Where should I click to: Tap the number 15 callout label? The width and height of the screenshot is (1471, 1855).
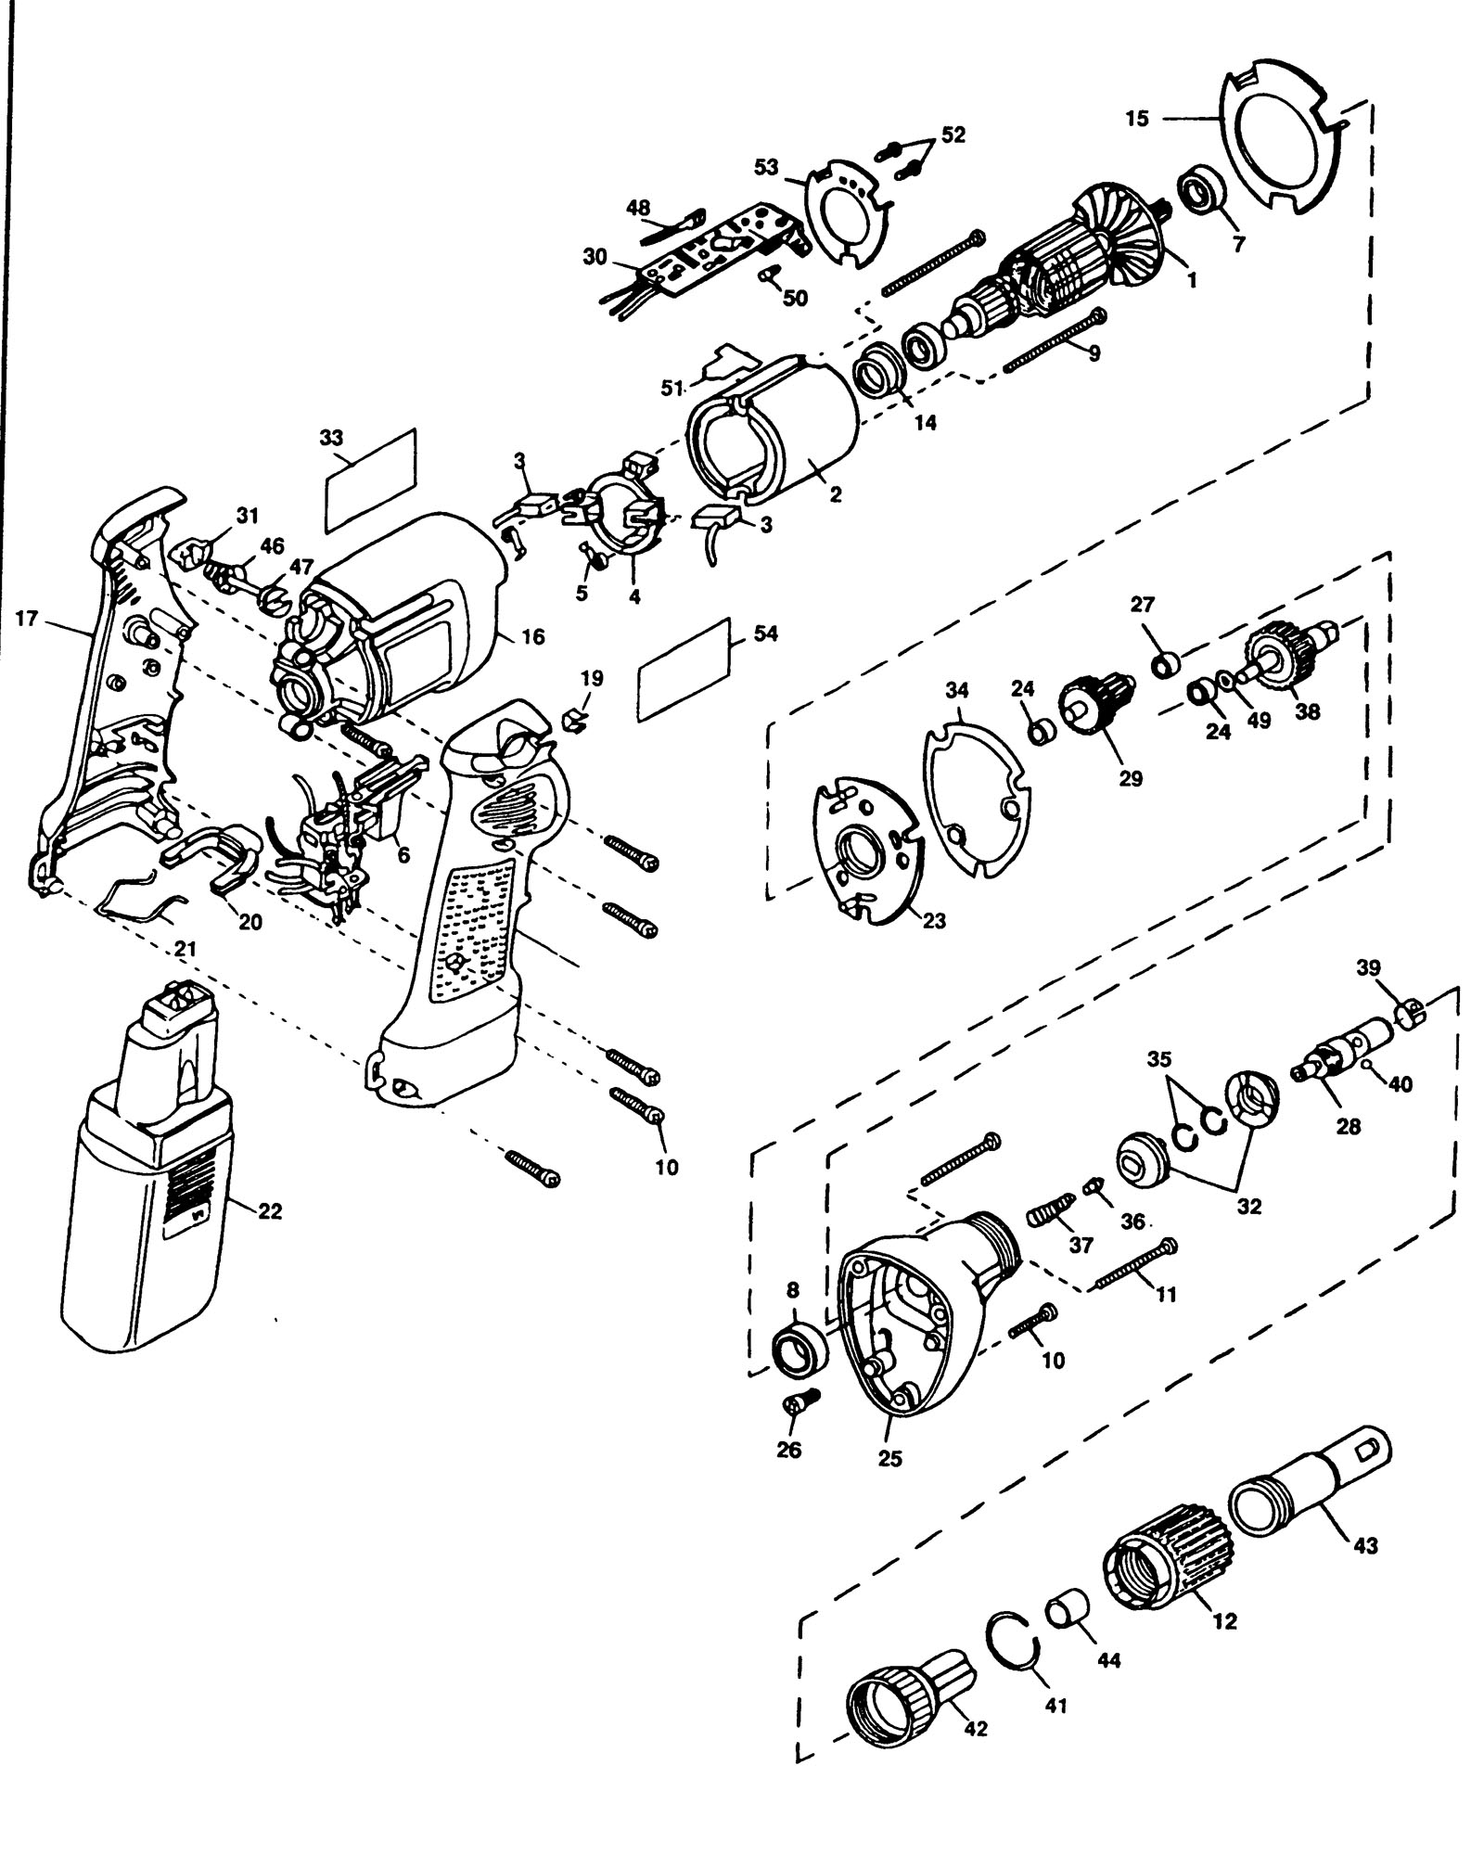(1138, 119)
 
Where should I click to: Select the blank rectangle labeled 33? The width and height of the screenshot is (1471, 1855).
(371, 480)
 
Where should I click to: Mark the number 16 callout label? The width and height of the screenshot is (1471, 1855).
(532, 637)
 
